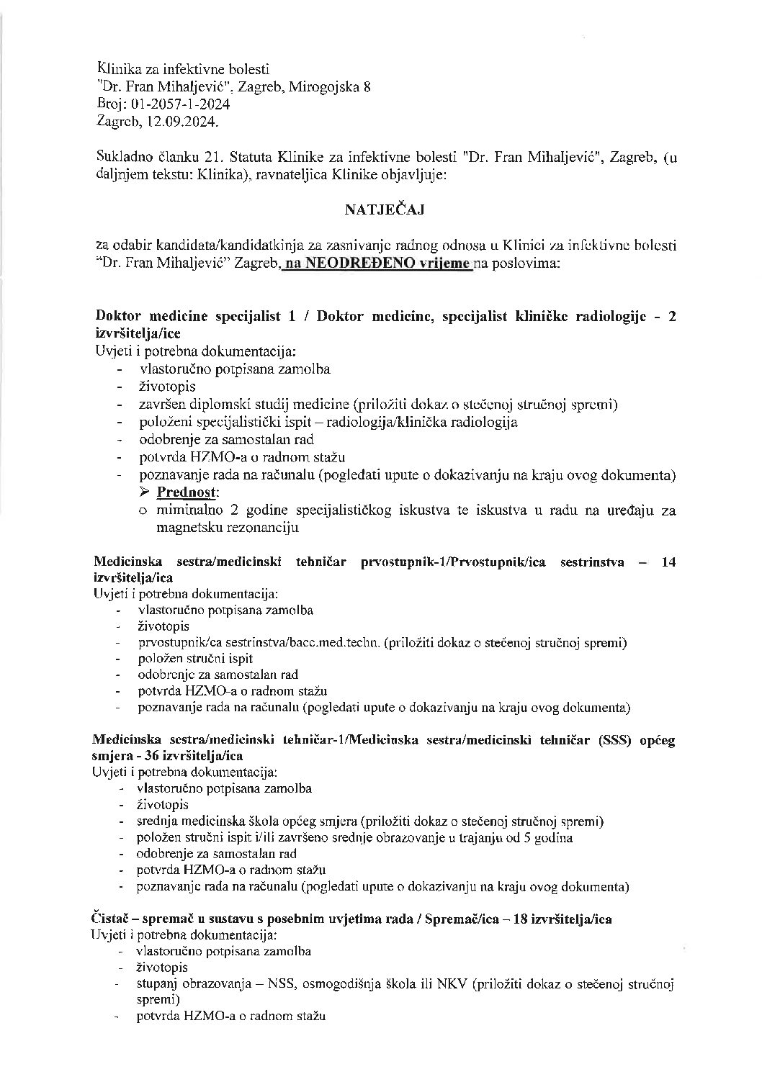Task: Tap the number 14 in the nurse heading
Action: click(x=668, y=562)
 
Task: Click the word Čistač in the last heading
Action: click(x=109, y=920)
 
